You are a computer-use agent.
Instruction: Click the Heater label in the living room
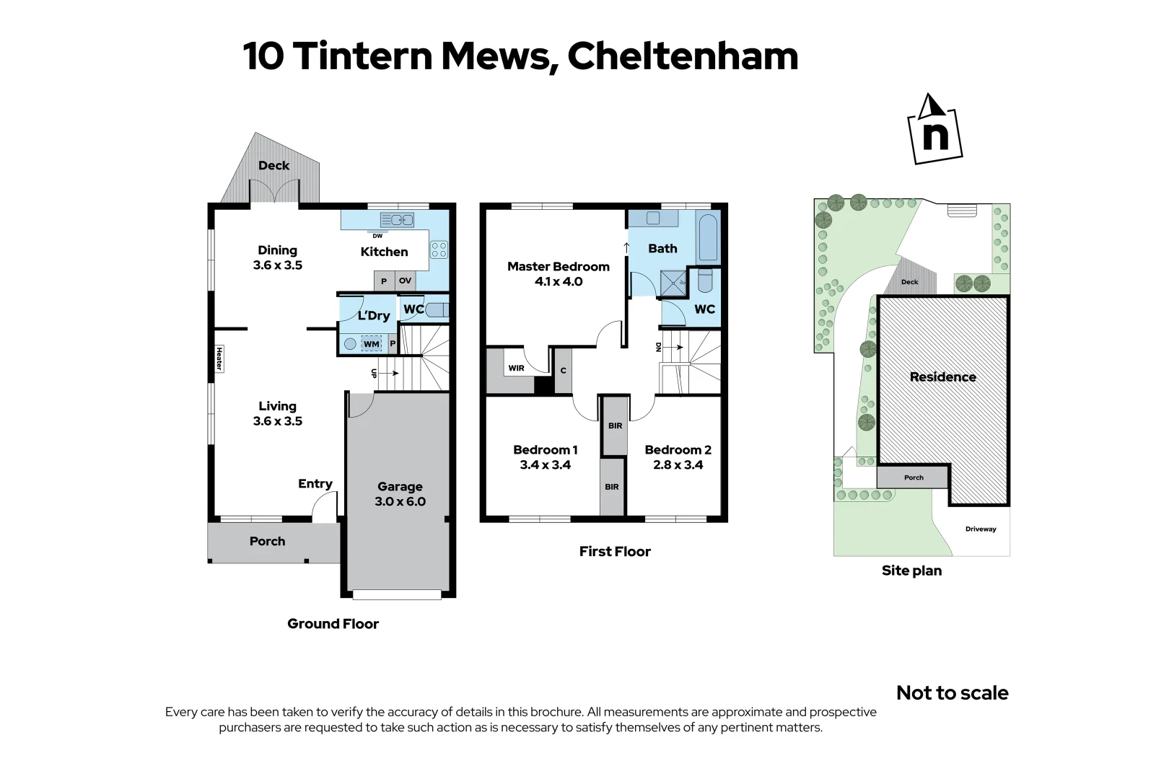pos(219,358)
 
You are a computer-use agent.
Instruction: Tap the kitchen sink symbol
pos(396,219)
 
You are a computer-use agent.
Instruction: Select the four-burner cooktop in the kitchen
pos(439,250)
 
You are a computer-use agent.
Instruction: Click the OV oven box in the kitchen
pos(405,281)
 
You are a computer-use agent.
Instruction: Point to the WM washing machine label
pos(371,344)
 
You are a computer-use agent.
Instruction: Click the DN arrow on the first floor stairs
pos(672,347)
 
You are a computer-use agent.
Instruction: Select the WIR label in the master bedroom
pos(516,368)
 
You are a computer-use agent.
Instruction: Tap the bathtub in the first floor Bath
pos(708,237)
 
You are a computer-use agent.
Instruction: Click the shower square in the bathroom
pos(673,283)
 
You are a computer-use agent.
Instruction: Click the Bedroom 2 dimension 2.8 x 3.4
pos(678,465)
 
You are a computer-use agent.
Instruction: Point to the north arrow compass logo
pos(934,130)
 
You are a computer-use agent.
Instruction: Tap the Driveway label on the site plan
pos(980,529)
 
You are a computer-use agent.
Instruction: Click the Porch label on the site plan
pos(913,477)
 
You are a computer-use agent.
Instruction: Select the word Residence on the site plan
pos(942,377)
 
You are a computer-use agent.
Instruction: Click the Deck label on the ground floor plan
pos(273,165)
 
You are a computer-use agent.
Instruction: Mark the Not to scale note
pos(952,692)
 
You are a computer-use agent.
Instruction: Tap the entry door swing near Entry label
pos(324,509)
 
